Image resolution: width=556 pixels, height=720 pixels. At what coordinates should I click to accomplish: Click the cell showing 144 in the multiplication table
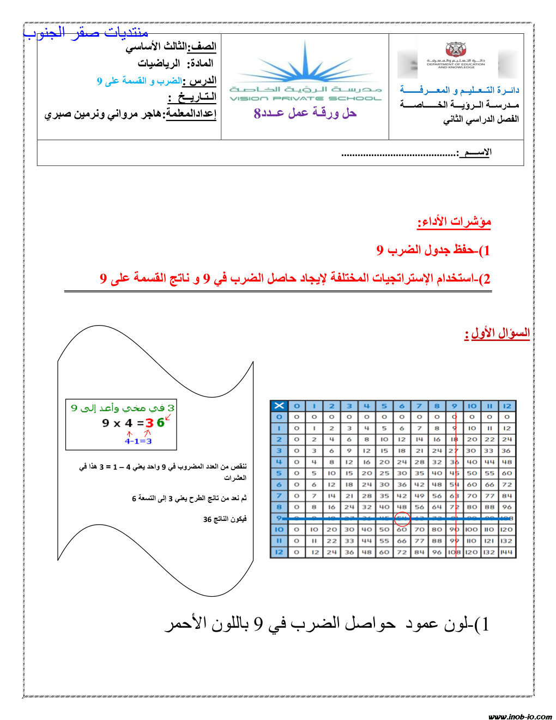(x=507, y=552)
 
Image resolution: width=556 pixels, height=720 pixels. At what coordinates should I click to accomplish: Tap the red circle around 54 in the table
(x=402, y=518)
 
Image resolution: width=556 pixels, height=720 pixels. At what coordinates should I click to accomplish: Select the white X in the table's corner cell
(x=279, y=405)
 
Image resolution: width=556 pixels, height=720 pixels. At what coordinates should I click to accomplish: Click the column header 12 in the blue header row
(x=507, y=405)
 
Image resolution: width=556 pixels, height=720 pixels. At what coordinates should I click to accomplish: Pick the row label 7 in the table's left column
(x=279, y=496)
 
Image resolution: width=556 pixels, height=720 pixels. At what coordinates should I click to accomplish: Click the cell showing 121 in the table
(x=489, y=541)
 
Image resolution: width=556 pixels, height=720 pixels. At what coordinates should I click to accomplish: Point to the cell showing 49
(x=419, y=496)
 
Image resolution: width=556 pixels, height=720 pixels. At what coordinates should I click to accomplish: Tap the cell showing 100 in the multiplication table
(x=472, y=530)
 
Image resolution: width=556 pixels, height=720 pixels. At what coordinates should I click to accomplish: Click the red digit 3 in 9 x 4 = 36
(x=149, y=423)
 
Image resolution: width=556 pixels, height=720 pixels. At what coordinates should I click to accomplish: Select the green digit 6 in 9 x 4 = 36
(x=160, y=423)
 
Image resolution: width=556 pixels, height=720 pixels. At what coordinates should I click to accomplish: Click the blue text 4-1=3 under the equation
(x=138, y=441)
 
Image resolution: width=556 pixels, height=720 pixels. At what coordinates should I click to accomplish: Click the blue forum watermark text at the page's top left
(x=86, y=32)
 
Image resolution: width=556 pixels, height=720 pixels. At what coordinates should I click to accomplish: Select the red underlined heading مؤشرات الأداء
(x=454, y=221)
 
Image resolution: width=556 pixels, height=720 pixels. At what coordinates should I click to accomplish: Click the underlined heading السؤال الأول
(x=497, y=333)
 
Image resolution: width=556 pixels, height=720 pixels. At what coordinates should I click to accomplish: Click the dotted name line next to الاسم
(x=399, y=154)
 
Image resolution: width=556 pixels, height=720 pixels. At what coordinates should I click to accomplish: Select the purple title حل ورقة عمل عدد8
(x=305, y=113)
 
